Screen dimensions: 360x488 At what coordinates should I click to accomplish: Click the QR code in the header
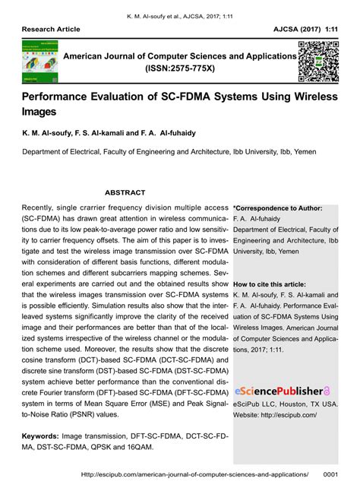coord(317,62)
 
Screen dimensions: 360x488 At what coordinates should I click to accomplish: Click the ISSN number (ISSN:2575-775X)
coord(180,69)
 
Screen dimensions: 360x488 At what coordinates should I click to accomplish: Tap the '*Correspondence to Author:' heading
coord(278,208)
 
